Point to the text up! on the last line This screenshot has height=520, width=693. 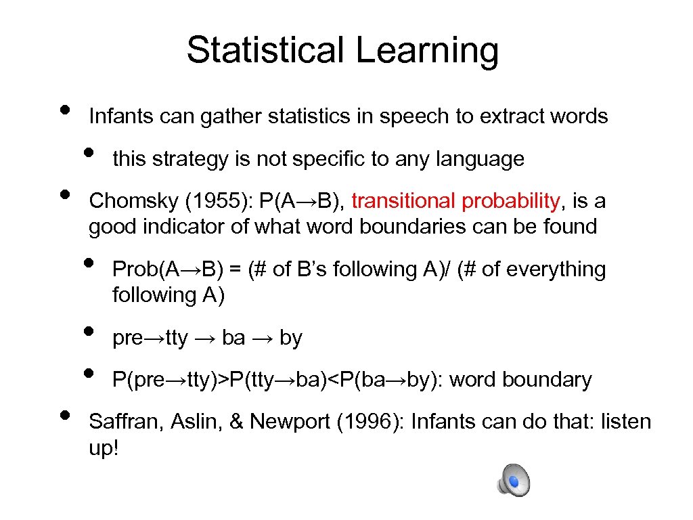[104, 448]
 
